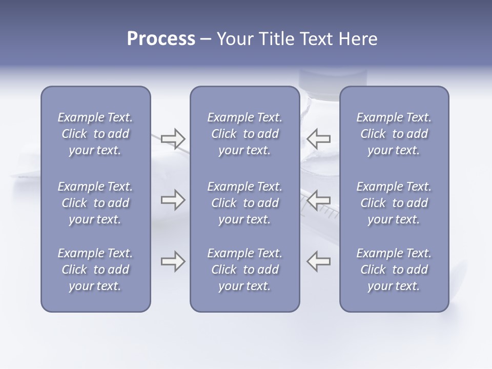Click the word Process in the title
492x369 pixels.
[161, 39]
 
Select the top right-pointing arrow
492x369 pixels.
[173, 138]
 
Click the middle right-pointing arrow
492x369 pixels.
[173, 200]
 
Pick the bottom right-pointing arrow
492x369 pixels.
[173, 261]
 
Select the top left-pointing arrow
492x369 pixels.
[319, 138]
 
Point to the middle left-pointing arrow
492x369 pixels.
[319, 200]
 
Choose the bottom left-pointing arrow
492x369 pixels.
[319, 261]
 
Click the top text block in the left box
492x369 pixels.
[95, 134]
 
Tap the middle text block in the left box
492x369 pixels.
[95, 203]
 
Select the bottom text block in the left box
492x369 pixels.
[95, 270]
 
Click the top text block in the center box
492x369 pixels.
[244, 134]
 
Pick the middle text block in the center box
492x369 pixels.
[244, 203]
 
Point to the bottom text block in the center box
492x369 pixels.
[244, 270]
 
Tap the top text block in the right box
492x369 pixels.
[394, 134]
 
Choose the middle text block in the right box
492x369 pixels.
[394, 203]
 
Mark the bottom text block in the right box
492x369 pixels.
[394, 270]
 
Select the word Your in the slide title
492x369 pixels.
[235, 39]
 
